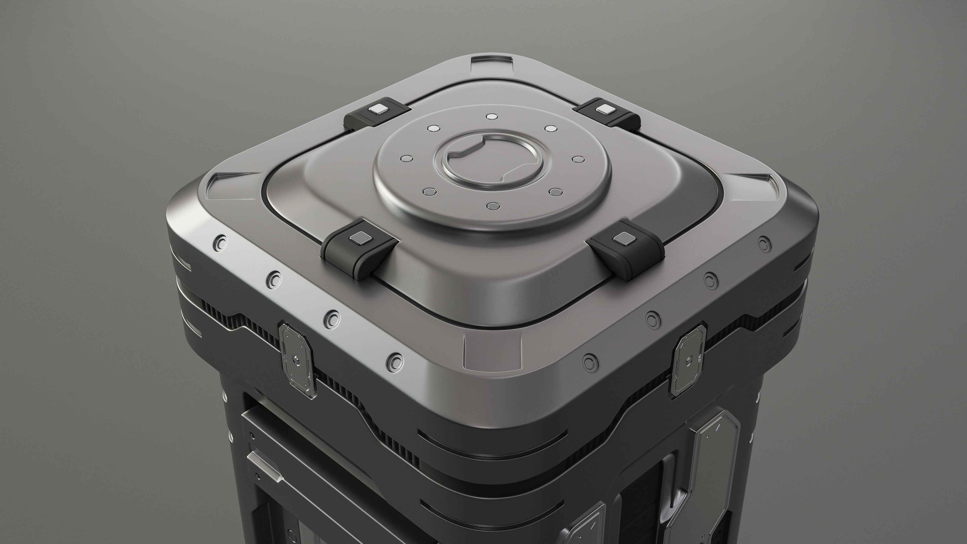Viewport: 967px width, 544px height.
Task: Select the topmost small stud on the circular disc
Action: coord(491,116)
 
